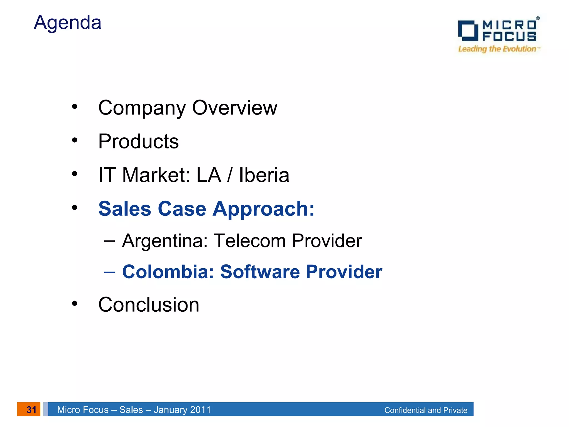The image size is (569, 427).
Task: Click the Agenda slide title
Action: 68,23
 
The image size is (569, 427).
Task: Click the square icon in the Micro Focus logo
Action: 468,30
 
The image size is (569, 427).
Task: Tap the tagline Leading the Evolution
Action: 497,49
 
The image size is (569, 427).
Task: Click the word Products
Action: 138,141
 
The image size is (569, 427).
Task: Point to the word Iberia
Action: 264,175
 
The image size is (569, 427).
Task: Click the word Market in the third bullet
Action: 156,175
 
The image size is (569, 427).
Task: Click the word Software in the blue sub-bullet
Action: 260,272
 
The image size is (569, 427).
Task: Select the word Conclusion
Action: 149,305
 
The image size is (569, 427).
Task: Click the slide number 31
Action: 31,409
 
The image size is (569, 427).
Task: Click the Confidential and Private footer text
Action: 425,410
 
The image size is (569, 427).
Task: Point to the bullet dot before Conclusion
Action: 74,303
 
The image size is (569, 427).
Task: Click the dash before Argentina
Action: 109,241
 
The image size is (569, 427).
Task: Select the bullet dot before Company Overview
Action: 74,106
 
